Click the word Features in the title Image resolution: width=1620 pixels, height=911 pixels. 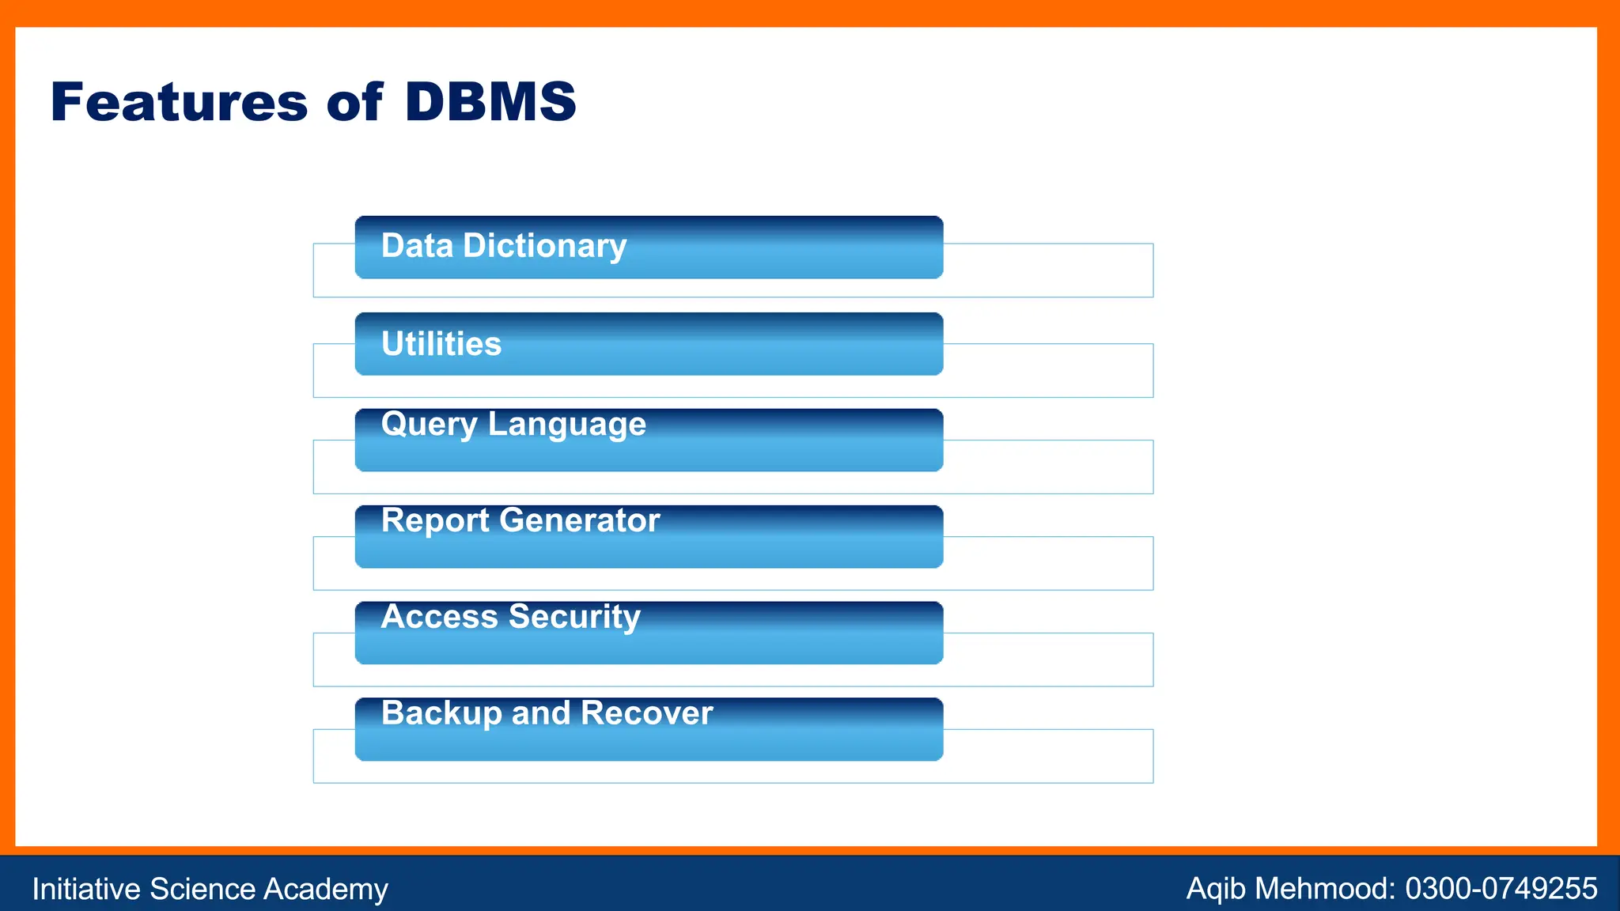(x=179, y=102)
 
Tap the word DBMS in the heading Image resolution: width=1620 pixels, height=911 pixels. (x=490, y=102)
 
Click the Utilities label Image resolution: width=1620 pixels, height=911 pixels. (x=441, y=344)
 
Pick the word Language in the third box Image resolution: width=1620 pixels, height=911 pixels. (x=566, y=425)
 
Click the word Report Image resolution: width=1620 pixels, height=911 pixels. (x=435, y=520)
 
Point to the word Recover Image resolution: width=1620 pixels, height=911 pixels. (x=647, y=713)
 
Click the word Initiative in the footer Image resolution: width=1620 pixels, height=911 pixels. (x=86, y=889)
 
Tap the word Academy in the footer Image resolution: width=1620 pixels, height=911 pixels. (x=326, y=889)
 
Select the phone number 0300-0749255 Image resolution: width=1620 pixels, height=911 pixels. (x=1501, y=889)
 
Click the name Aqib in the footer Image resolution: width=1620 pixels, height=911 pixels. (x=1217, y=889)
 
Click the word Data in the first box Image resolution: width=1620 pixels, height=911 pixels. (x=418, y=246)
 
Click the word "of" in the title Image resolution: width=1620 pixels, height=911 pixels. (x=354, y=102)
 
